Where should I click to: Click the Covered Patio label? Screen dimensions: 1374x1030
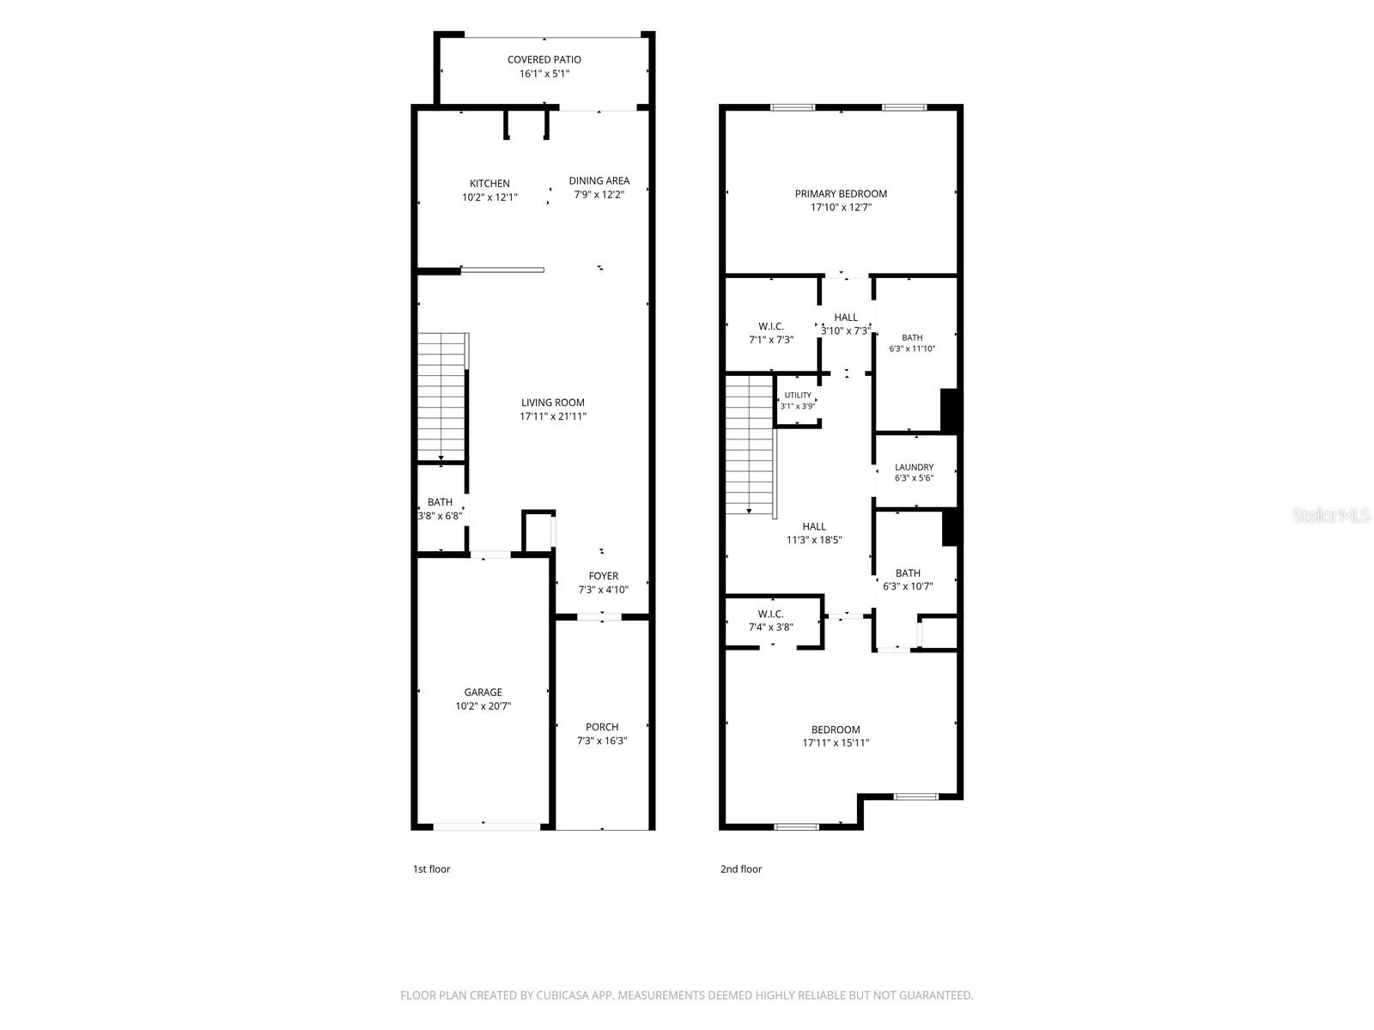[x=544, y=59]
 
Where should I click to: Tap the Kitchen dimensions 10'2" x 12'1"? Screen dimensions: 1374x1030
[x=489, y=197]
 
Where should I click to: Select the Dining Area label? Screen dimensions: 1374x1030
[x=599, y=181]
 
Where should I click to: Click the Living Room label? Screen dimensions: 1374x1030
[x=553, y=403]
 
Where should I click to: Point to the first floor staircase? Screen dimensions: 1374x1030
[x=442, y=397]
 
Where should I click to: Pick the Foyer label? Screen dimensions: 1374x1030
[x=603, y=576]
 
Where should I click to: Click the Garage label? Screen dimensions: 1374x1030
[x=483, y=693]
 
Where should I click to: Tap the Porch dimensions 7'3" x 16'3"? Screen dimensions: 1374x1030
[x=602, y=741]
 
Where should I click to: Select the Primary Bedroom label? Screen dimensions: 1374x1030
[x=841, y=194]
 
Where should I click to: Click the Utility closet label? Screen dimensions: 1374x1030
[x=798, y=395]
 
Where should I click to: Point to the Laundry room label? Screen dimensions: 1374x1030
[x=914, y=467]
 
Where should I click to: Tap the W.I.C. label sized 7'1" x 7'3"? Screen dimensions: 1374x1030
[x=771, y=326]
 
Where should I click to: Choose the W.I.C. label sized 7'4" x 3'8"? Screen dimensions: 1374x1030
[x=770, y=614]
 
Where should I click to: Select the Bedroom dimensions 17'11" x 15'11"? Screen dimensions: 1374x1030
[x=836, y=743]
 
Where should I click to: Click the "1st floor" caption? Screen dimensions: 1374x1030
[x=431, y=869]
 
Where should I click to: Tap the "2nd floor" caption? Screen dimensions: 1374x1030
[x=741, y=869]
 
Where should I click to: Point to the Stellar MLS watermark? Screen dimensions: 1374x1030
[x=1331, y=515]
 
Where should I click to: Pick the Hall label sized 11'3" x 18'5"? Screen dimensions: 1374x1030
[x=814, y=526]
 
